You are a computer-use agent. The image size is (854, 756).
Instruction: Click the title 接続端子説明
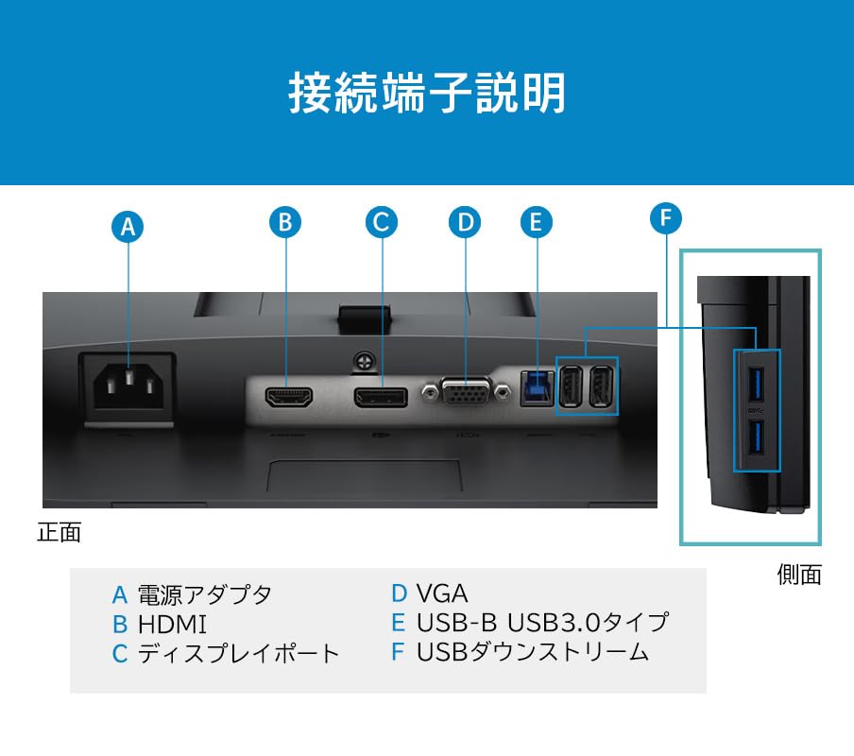[427, 94]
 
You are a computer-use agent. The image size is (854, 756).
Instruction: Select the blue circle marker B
[285, 222]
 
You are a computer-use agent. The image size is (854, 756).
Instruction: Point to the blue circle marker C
[382, 222]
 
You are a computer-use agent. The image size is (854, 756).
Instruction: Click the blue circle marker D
[464, 222]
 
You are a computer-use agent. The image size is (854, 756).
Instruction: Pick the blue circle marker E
[536, 222]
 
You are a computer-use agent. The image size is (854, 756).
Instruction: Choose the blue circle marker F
[666, 218]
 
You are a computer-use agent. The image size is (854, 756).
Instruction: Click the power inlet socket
[127, 386]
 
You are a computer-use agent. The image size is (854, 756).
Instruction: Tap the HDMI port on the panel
[288, 396]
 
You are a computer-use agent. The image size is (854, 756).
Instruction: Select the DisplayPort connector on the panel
[381, 396]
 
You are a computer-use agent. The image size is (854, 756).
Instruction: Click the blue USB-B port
[537, 386]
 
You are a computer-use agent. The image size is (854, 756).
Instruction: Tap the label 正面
[59, 532]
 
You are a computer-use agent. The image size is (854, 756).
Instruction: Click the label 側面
[799, 575]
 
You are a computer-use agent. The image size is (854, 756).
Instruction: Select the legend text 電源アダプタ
[204, 594]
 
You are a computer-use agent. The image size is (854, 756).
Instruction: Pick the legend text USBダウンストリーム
[533, 651]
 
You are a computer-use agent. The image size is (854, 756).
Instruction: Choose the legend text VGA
[442, 594]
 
